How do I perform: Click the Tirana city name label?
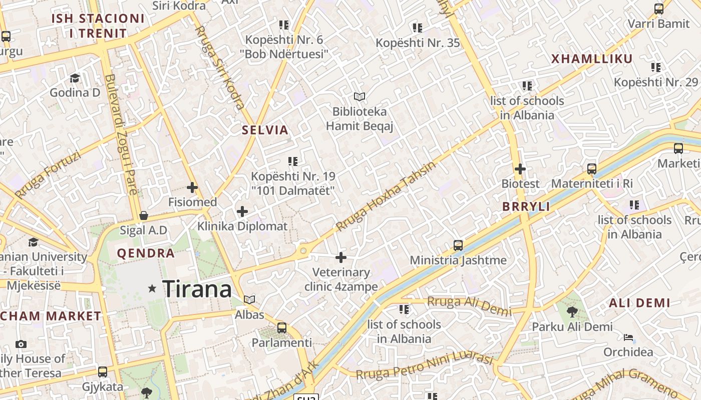tap(197, 289)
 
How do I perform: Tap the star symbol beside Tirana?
tap(152, 288)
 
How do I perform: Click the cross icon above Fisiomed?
tap(192, 188)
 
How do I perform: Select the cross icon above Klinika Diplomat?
tap(242, 211)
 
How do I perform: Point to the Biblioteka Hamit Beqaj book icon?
tap(360, 96)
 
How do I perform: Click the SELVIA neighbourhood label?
tap(265, 130)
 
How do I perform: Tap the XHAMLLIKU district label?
tap(592, 59)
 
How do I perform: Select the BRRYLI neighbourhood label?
tap(526, 206)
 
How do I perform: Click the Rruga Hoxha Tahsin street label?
tap(386, 196)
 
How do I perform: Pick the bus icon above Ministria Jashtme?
tap(458, 245)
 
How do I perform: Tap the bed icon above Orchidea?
tap(628, 337)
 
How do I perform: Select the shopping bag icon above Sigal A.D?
tap(144, 215)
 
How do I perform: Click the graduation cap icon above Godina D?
tap(75, 78)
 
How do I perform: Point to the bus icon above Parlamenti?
tap(282, 328)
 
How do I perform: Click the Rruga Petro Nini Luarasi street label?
tap(425, 366)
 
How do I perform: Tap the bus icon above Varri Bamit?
tap(659, 9)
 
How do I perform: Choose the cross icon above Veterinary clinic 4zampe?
tap(341, 258)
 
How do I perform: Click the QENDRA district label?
tap(146, 253)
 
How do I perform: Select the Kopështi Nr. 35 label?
tap(418, 43)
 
